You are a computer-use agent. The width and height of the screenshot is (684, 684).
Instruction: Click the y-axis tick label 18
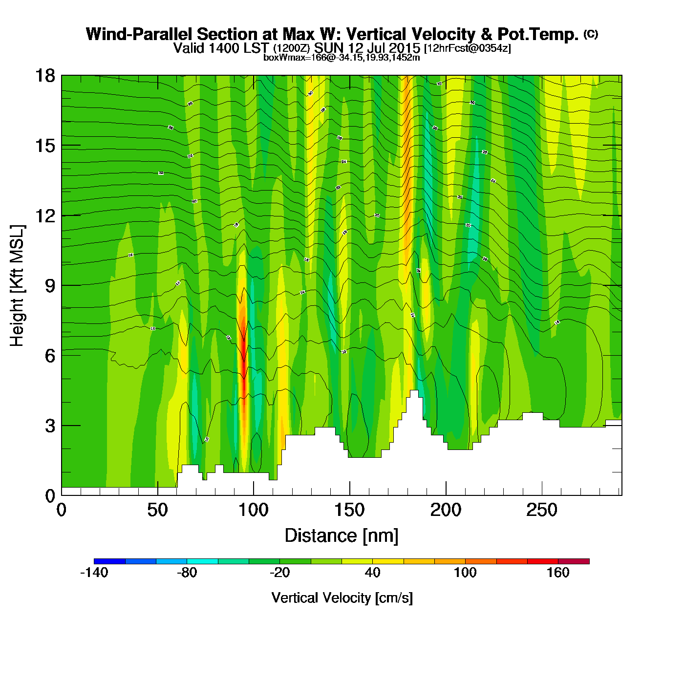pos(44,76)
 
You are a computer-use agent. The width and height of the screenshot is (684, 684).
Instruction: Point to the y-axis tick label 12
pos(44,215)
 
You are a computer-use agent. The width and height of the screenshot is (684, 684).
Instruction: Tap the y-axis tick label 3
pos(50,426)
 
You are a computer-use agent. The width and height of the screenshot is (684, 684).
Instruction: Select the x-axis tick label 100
pos(254,510)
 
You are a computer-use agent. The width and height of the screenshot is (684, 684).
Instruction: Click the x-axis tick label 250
pos(541,510)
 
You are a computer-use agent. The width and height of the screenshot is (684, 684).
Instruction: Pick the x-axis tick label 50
pos(157,510)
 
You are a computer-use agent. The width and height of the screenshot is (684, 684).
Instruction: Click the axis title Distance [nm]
pos(342,536)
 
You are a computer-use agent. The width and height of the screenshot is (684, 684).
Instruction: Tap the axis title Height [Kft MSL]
pos(17,286)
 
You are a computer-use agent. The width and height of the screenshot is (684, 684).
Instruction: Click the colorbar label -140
pos(94,573)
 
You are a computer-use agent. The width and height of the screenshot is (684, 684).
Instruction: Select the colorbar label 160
pos(558,573)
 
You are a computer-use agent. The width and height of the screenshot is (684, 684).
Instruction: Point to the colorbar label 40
pos(372,573)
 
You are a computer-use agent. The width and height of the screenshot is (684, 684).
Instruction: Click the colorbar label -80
pos(187,573)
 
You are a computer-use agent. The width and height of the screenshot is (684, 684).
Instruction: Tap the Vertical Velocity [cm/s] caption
pos(342,598)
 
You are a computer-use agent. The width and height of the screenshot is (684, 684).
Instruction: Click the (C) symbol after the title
pos(591,34)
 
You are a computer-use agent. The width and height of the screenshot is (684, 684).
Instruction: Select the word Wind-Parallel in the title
pos(139,34)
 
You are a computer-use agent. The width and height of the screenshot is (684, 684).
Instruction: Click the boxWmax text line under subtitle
pos(342,57)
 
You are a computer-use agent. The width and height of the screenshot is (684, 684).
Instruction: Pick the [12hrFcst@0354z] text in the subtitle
pos(468,48)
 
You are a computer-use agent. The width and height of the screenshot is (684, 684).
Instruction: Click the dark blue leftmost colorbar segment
pos(109,561)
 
